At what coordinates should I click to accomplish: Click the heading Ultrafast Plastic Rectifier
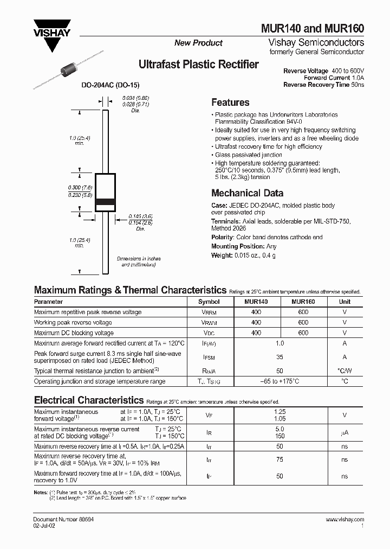199,65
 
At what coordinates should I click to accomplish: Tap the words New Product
198,43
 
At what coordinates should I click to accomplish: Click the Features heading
230,103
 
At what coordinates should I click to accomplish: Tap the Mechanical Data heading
247,193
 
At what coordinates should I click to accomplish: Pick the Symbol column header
209,302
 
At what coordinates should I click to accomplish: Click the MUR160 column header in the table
303,302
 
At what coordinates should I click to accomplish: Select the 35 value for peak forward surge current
280,358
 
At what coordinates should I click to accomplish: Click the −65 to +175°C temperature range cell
280,382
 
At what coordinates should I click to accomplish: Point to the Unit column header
344,302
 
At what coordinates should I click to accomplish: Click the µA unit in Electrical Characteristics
344,432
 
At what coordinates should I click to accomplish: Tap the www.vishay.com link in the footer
345,520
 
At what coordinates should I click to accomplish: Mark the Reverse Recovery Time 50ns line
324,85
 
